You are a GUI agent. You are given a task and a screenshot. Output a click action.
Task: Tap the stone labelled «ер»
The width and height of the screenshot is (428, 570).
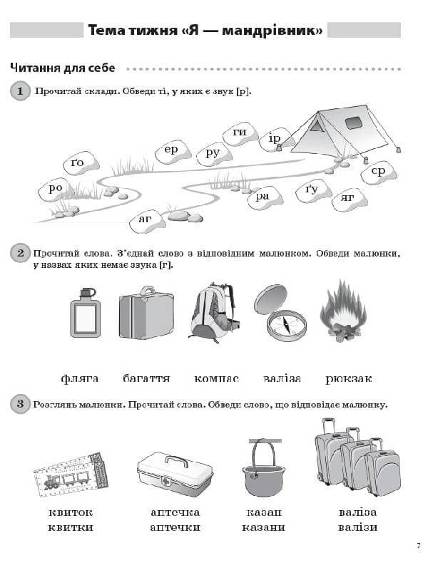coord(171,150)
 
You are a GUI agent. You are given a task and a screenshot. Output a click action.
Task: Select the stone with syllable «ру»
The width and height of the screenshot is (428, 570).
coord(213,152)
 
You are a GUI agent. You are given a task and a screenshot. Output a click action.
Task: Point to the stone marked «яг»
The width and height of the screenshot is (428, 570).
coord(348,197)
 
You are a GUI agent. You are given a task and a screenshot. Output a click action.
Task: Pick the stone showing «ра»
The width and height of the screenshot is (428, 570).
coord(263,196)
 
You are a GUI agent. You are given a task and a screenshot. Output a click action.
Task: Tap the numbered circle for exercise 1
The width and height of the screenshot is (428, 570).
coord(20,91)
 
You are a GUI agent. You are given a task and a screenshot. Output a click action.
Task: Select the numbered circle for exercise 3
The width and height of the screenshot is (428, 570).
coord(20,405)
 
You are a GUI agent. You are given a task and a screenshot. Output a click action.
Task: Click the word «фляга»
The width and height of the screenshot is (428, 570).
coord(79,378)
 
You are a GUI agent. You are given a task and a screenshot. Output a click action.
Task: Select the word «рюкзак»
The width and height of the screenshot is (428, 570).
coord(348,378)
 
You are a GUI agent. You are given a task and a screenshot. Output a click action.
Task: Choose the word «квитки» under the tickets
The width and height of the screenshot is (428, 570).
coord(71,527)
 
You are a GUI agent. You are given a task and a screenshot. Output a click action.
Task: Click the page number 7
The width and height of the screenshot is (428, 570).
coord(418,546)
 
